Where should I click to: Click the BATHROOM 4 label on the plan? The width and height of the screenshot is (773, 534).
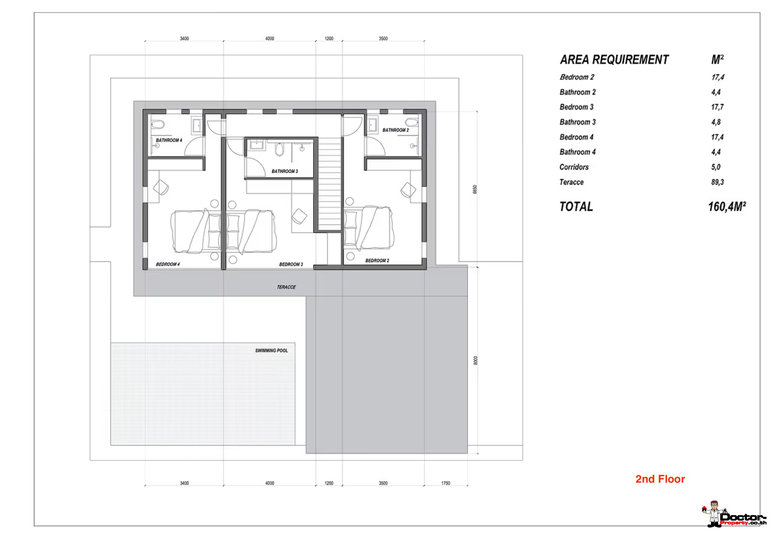[169, 140]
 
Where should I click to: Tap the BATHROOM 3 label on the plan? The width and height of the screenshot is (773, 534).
[285, 171]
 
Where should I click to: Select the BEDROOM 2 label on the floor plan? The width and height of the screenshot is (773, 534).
[377, 261]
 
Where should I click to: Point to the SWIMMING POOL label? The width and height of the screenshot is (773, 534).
[271, 351]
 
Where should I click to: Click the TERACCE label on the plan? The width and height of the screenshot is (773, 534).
[286, 287]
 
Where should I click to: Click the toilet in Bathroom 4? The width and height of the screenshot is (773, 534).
[158, 125]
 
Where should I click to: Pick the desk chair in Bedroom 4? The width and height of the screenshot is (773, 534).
[161, 187]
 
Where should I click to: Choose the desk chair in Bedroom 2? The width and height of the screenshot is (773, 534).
[408, 190]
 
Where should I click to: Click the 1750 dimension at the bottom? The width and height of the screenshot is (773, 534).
[445, 483]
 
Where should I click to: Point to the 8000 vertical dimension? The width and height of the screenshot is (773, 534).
[476, 360]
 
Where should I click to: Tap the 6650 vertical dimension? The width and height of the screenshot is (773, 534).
[475, 189]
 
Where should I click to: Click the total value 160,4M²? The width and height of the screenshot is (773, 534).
[727, 207]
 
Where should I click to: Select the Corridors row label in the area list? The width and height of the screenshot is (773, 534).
[574, 167]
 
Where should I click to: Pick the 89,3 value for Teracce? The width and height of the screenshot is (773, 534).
[717, 182]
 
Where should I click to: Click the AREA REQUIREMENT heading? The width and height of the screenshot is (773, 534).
[614, 60]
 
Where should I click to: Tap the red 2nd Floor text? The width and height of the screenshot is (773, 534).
[660, 479]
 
